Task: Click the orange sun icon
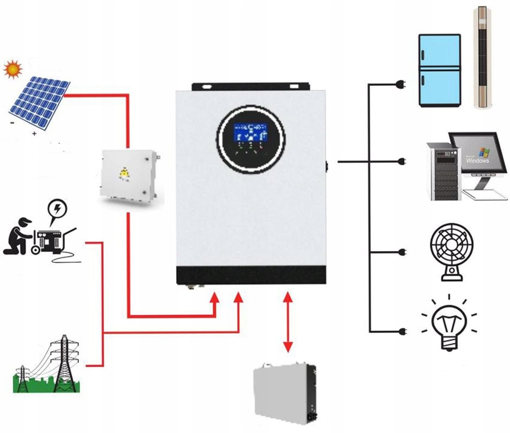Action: pyautogui.click(x=13, y=69)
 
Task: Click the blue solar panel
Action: pyautogui.click(x=40, y=101)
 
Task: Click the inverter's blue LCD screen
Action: pyautogui.click(x=250, y=132)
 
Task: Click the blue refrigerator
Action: pyautogui.click(x=439, y=70)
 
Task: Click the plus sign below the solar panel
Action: pyautogui.click(x=34, y=134)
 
